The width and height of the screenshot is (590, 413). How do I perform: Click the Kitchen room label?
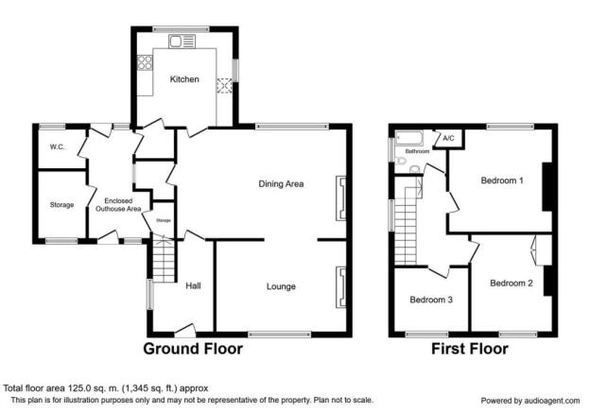pos(184,79)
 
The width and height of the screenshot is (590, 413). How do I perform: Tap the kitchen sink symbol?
pos(182,41)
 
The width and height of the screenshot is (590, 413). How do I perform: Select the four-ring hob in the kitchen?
pos(145,62)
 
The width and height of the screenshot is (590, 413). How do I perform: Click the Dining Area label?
pos(281,184)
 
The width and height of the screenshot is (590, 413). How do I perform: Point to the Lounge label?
pos(281,286)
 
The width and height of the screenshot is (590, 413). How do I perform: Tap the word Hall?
pos(193,285)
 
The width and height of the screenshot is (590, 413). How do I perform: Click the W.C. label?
pos(57,147)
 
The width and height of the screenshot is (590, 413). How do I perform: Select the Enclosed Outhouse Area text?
pos(118,205)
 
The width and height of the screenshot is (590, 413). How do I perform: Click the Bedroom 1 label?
pos(502,181)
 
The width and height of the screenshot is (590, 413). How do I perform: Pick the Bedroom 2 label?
pos(512,284)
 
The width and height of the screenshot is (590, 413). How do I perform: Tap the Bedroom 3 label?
pos(431,300)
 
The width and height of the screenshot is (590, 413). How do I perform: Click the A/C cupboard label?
pos(448,138)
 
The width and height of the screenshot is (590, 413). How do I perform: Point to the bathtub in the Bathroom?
pos(409,138)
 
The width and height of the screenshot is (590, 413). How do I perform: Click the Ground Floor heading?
pos(193,349)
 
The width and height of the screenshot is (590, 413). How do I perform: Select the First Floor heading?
pos(470,349)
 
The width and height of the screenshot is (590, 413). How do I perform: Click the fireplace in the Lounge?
pos(341,287)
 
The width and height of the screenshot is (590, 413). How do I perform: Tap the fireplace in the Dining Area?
pos(341,198)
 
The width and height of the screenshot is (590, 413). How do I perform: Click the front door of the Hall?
pos(185,330)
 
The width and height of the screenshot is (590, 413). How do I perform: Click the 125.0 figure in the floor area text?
pos(79,388)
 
